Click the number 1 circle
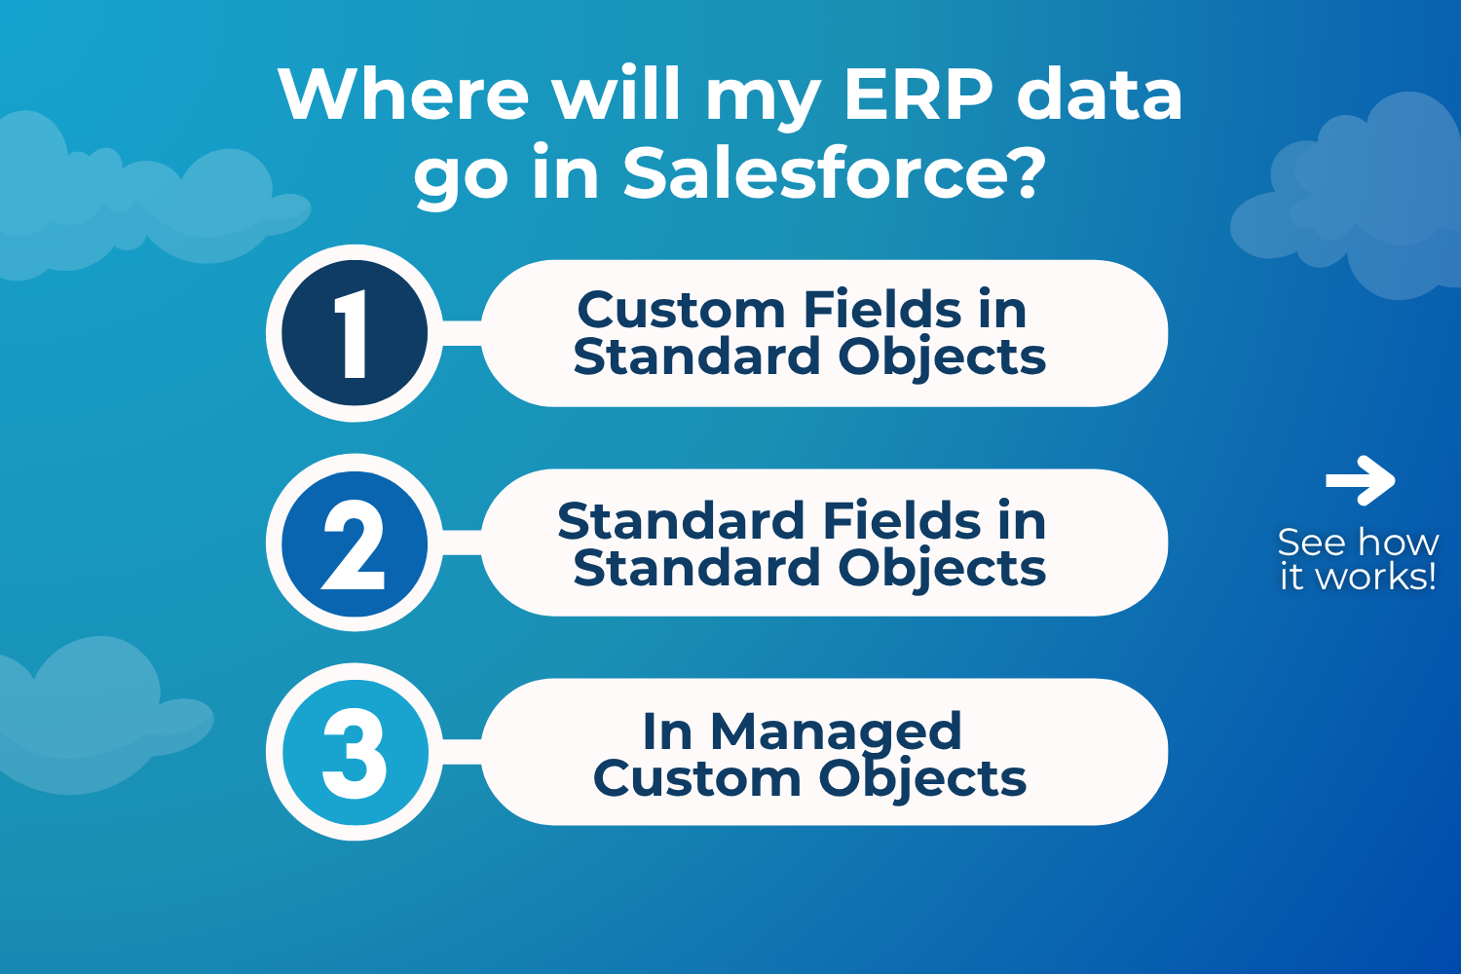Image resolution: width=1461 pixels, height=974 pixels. [355, 333]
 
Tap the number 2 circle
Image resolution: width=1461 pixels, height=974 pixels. [355, 543]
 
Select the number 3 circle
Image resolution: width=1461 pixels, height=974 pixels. [355, 752]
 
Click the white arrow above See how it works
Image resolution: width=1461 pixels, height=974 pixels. [1360, 481]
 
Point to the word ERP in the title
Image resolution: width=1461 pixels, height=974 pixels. [918, 94]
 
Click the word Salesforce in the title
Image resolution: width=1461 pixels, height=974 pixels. [815, 173]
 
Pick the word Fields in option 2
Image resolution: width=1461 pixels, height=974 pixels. [902, 520]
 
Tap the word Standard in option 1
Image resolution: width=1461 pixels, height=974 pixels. [696, 356]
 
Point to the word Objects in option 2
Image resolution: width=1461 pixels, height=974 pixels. [942, 568]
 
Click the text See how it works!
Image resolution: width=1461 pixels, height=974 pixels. [1358, 560]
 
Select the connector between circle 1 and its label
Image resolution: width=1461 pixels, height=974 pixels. [462, 333]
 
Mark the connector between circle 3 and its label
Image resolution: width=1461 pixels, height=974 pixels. [462, 752]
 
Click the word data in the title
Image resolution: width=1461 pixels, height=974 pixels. [1100, 94]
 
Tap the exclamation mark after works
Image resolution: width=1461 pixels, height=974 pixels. [1433, 576]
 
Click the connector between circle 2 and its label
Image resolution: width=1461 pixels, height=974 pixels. [462, 543]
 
